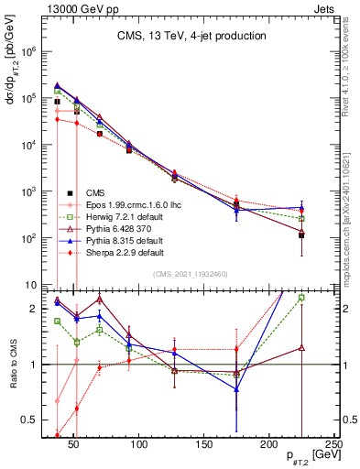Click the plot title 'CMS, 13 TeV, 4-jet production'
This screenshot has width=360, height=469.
coord(191,36)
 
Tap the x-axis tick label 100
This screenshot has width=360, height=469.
coord(140,444)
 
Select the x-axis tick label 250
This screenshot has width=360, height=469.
coord(333,444)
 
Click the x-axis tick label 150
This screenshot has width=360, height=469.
coord(204,444)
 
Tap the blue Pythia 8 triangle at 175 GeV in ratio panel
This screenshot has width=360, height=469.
coord(237,389)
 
